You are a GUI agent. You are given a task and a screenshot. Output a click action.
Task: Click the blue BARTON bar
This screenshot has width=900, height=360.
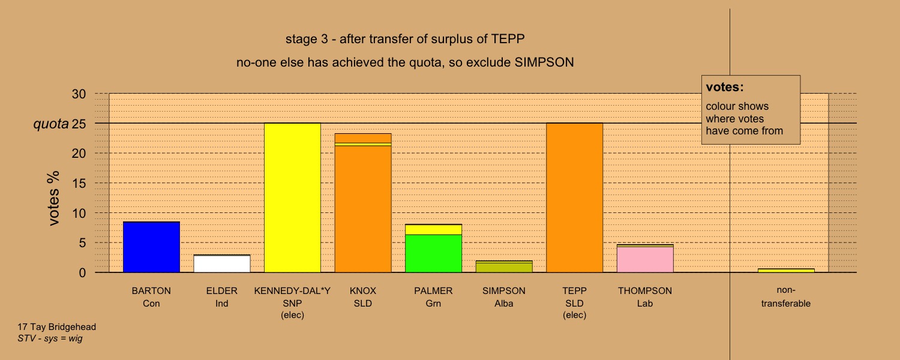[151, 247]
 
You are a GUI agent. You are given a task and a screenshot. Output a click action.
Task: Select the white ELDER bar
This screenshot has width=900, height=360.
[222, 263]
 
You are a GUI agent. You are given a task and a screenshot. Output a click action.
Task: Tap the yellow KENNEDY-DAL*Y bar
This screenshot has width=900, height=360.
[293, 197]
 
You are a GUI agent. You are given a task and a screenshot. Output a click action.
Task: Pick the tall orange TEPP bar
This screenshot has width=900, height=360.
[575, 197]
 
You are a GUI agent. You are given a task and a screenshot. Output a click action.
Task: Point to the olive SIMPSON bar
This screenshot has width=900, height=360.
[504, 267]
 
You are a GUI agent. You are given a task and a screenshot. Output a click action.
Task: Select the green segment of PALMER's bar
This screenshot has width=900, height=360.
[433, 254]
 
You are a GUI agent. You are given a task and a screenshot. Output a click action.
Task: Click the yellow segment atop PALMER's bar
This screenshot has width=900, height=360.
[433, 229]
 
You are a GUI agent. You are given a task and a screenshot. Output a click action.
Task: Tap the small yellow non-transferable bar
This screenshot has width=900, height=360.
[786, 271]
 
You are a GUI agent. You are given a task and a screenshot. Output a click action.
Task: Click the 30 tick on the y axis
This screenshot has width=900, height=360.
[79, 94]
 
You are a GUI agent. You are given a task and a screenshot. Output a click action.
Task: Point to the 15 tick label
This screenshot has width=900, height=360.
[79, 183]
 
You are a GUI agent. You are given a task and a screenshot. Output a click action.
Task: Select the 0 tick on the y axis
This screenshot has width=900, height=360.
[82, 273]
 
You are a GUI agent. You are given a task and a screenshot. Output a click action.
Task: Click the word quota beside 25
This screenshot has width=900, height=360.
[51, 124]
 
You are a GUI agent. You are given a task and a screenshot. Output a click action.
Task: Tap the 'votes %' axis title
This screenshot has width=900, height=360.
[53, 198]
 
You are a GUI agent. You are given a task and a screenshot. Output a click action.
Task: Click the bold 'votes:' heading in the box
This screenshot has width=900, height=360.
[725, 87]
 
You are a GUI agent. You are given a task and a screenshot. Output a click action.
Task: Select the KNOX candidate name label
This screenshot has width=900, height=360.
[363, 290]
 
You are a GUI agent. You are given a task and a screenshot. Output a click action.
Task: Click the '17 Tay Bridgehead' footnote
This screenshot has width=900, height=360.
[56, 327]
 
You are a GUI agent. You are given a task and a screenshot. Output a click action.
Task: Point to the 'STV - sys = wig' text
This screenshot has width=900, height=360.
[50, 338]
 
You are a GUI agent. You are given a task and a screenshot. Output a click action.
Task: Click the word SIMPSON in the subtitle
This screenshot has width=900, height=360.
[544, 62]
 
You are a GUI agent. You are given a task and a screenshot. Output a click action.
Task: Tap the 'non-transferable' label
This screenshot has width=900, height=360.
[786, 296]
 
